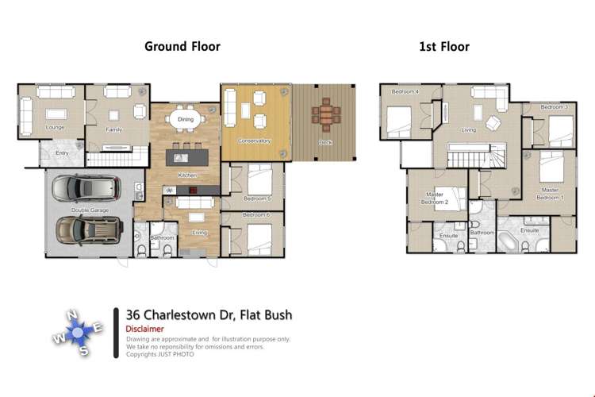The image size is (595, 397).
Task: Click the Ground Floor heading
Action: pyautogui.click(x=182, y=46)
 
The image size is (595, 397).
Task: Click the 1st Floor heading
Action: pyautogui.click(x=444, y=46)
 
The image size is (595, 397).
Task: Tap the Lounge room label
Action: pyautogui.click(x=55, y=127)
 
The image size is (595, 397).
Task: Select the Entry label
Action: pyautogui.click(x=61, y=153)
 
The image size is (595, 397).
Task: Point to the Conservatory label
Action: pyautogui.click(x=255, y=141)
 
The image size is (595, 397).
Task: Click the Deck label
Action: pyautogui.click(x=325, y=142)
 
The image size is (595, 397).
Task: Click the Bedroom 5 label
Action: pyautogui.click(x=257, y=198)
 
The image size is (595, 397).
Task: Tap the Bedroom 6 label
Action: pyautogui.click(x=256, y=215)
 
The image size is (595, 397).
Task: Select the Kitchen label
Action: pyautogui.click(x=187, y=174)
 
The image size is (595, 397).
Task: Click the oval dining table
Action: pyautogui.click(x=185, y=120)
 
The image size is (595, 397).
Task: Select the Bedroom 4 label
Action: pyautogui.click(x=405, y=92)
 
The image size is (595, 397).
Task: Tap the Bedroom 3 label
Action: pyautogui.click(x=555, y=106)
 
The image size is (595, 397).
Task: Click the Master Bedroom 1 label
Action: pyautogui.click(x=551, y=194)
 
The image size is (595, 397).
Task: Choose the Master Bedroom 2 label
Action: pyautogui.click(x=436, y=198)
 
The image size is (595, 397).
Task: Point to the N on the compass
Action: pyautogui.click(x=73, y=315)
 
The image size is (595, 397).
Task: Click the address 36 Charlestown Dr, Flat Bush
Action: pyautogui.click(x=209, y=315)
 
